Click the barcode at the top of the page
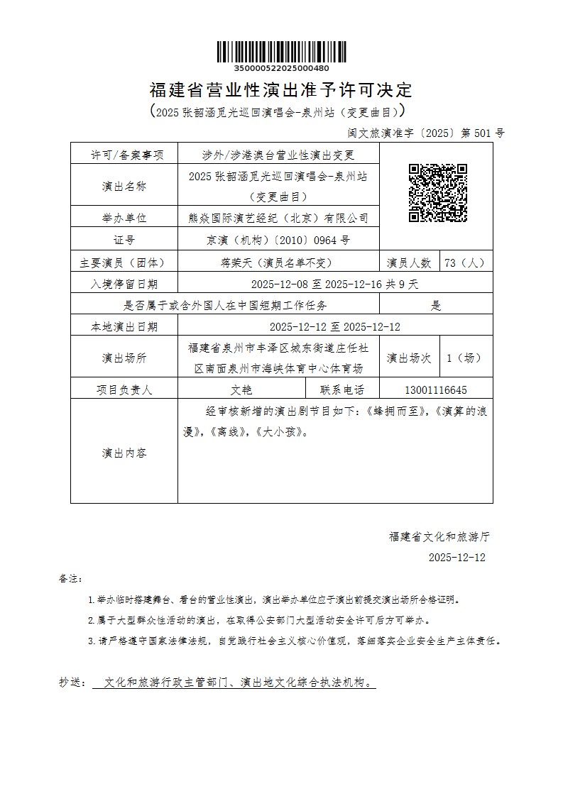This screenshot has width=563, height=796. click(281, 52)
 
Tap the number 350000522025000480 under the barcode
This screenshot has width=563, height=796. click(281, 68)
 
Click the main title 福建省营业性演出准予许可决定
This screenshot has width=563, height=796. click(281, 90)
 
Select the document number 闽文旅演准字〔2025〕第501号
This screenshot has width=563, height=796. click(425, 133)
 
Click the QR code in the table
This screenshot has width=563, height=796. click(437, 193)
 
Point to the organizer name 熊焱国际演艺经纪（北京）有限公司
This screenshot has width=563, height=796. click(278, 218)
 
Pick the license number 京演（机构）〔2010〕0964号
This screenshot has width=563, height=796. click(278, 240)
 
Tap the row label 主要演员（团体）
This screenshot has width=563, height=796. click(124, 262)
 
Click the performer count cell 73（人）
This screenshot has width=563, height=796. click(464, 262)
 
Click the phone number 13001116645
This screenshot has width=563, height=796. click(436, 389)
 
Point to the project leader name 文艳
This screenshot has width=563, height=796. click(241, 389)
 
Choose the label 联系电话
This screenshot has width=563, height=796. click(342, 389)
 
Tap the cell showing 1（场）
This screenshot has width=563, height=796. click(464, 358)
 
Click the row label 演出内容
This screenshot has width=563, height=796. click(124, 453)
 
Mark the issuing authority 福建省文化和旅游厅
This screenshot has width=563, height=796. click(439, 537)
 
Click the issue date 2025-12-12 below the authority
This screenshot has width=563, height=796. click(457, 558)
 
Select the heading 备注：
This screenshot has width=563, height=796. click(71, 579)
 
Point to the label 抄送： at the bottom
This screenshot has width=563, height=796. click(72, 682)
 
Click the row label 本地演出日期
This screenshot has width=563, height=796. click(124, 327)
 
